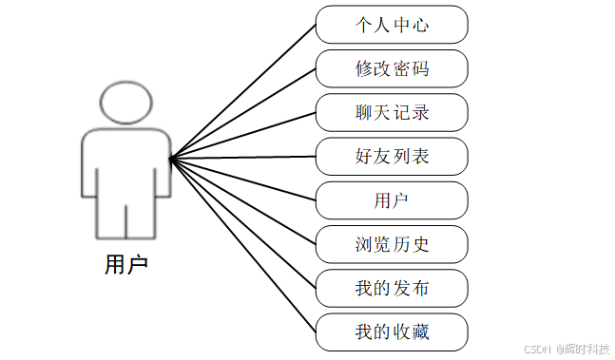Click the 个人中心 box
tap(392, 25)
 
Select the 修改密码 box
tap(392, 68)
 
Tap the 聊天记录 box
tap(392, 112)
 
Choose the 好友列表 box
tap(392, 156)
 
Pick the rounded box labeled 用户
tap(392, 200)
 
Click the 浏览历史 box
tap(392, 244)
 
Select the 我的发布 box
tap(392, 288)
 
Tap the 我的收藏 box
tap(392, 332)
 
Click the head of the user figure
tap(125, 103)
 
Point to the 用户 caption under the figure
tap(125, 264)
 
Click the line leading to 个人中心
tap(242, 92)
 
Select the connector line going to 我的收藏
tap(242, 244)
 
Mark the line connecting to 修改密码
tap(242, 114)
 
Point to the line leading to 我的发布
tap(242, 222)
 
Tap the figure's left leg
tap(110, 218)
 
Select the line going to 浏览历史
tap(242, 200)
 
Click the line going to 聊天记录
tap(242, 136)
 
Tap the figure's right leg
tap(141, 218)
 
